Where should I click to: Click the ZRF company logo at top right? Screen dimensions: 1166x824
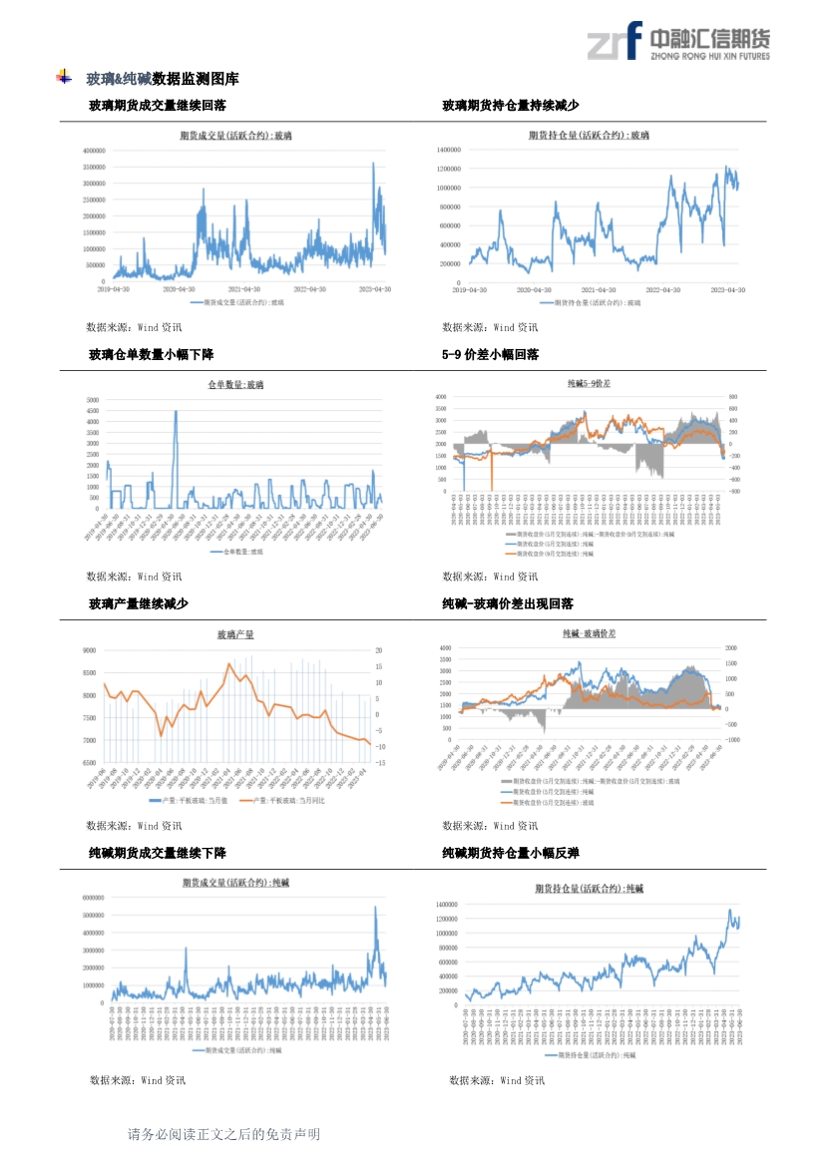[x=677, y=41]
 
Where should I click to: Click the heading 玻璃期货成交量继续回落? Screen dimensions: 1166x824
[x=158, y=105]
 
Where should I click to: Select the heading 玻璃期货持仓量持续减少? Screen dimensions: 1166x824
[x=511, y=105]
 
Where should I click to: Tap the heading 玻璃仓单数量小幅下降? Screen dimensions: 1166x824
[x=152, y=354]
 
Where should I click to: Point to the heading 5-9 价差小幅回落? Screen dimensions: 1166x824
[x=491, y=354]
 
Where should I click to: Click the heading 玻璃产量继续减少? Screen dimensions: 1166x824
[x=139, y=603]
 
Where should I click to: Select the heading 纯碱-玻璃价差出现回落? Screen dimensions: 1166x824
[x=508, y=603]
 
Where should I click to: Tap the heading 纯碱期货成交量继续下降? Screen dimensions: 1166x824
[x=158, y=853]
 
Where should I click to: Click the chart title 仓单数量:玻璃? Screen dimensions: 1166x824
[x=235, y=384]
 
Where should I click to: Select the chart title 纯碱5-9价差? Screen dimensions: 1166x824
[x=589, y=383]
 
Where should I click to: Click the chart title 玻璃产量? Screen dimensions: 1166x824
[x=235, y=634]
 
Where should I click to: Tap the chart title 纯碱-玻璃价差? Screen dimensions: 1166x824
[x=589, y=633]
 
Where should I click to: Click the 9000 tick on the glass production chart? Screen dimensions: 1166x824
[x=90, y=649]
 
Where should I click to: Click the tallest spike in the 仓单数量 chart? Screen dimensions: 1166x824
[x=177, y=412]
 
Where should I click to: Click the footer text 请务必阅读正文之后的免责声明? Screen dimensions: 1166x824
[x=223, y=1134]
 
